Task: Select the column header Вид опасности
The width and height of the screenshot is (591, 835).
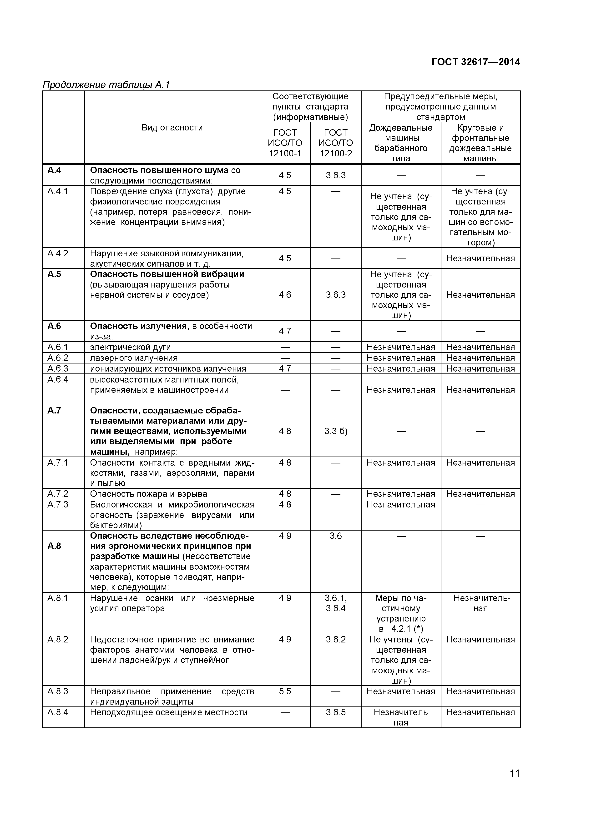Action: coord(172,127)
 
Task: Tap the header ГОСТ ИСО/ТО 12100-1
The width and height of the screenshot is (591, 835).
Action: coord(285,143)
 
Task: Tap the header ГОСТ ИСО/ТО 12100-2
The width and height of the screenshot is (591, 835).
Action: coord(336,143)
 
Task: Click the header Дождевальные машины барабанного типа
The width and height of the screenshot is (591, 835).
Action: coord(401,143)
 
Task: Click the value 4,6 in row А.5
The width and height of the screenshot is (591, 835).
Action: coord(285,295)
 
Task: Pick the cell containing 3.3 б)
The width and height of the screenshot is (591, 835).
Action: coord(336,431)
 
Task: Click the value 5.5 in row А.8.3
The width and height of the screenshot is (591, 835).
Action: coord(285,691)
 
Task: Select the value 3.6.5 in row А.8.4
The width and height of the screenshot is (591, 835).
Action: coord(336,712)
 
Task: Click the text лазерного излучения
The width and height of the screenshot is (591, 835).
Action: coord(134,358)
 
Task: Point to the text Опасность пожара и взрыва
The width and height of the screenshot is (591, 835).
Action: coord(148,493)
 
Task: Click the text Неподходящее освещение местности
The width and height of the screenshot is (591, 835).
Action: coord(168,712)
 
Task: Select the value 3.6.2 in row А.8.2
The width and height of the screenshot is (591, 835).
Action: coord(336,639)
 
